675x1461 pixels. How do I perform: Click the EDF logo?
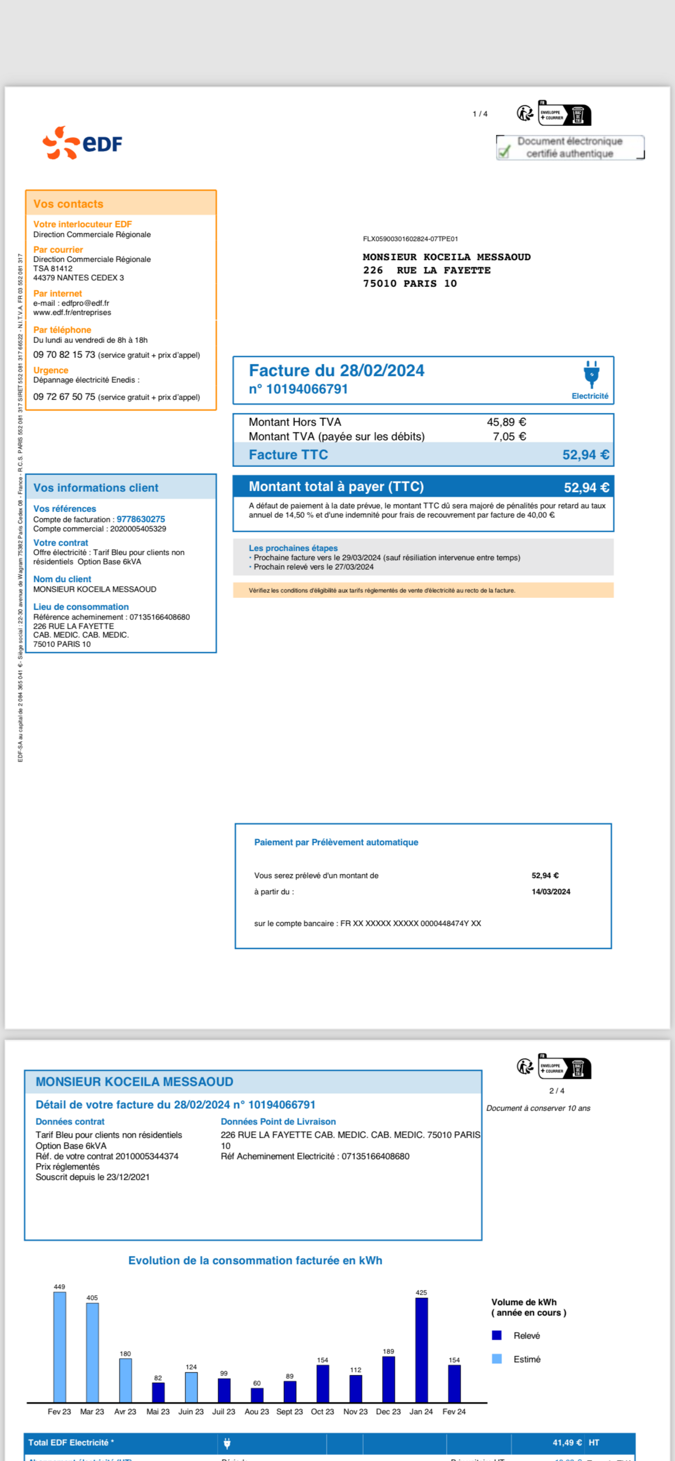pos(82,142)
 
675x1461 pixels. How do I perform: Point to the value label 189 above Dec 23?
pos(388,1352)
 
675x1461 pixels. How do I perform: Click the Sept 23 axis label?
pos(289,1412)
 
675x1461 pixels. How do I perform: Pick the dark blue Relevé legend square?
pos(497,1336)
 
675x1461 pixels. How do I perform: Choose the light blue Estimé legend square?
pos(497,1359)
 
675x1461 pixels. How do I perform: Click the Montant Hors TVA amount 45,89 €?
pos(506,422)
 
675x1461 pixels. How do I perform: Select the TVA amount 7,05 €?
pos(509,436)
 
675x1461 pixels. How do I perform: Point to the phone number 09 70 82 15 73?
pos(64,354)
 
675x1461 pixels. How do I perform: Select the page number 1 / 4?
pos(480,114)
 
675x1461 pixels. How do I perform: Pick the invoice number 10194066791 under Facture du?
pos(307,389)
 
